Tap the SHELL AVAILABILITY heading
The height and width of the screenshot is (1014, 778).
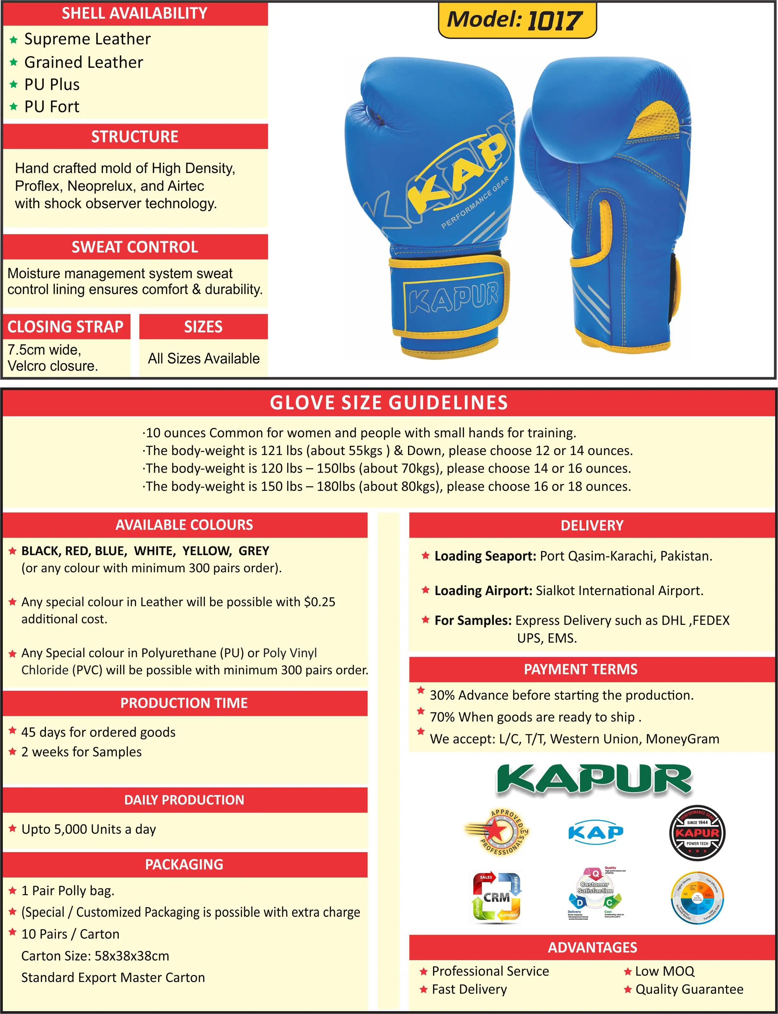pos(134,13)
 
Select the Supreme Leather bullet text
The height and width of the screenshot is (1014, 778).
pos(87,39)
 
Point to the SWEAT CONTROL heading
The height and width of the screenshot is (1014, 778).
pos(134,247)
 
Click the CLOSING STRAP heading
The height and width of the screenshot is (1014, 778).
pos(65,327)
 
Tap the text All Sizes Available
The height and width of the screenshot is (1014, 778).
pos(203,358)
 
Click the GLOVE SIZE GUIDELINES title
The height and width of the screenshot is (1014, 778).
pos(389,402)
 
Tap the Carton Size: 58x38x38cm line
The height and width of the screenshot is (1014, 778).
pos(95,956)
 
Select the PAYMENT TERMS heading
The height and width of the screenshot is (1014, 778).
pos(580,669)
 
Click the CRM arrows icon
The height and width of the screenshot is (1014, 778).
pos(496,897)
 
